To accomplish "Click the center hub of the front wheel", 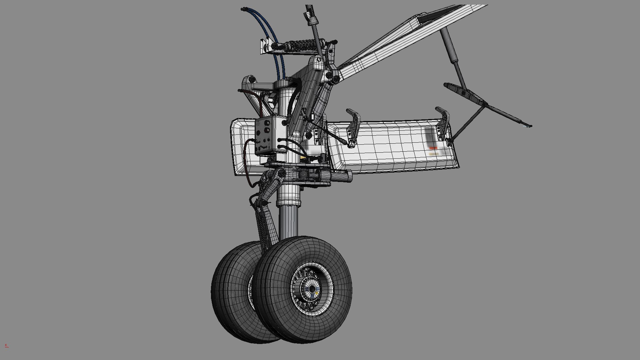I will tap(312, 289).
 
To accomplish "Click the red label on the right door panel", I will tap(433, 148).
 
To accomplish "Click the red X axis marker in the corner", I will tap(6, 345).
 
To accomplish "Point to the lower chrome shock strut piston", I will tap(288, 220).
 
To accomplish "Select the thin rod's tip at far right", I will tap(529, 126).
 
